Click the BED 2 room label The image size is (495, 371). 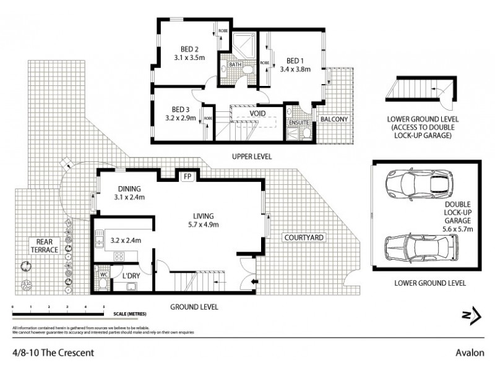[x=189, y=50]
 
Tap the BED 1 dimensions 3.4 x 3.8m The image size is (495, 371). [x=294, y=70]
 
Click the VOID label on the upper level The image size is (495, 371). [x=258, y=114]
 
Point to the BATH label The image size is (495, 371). [x=235, y=65]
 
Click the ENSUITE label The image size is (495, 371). [x=299, y=122]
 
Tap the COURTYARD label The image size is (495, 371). [x=303, y=237]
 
